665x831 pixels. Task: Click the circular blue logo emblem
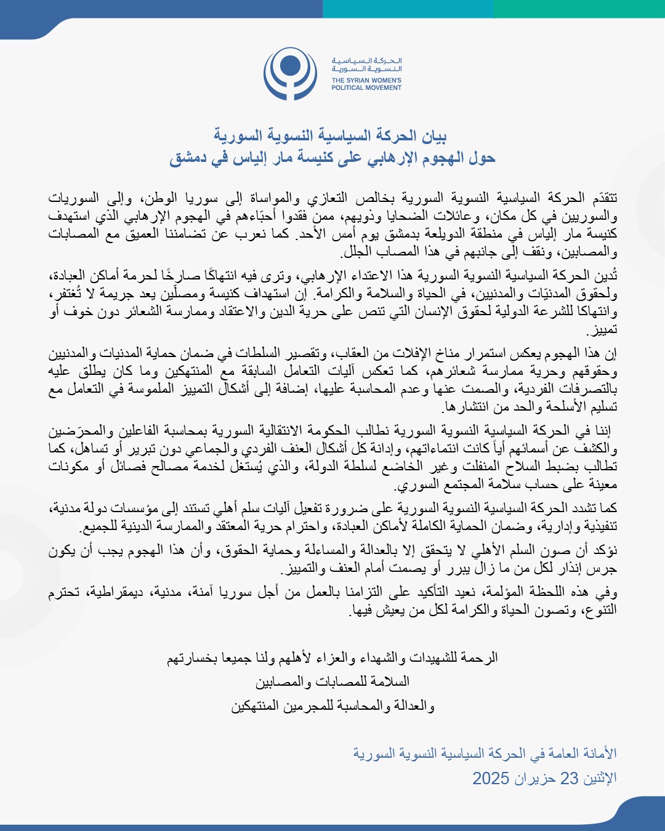click(x=291, y=74)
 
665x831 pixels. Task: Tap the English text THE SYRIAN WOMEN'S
click(x=366, y=80)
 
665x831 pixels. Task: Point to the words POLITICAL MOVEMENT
click(x=366, y=88)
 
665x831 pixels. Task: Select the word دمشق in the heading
click(x=187, y=158)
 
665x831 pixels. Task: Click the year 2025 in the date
click(x=491, y=778)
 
